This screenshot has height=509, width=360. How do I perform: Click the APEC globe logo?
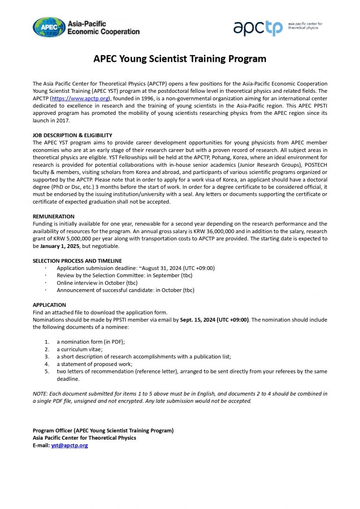49,27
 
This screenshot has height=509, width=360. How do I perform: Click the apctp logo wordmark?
258,28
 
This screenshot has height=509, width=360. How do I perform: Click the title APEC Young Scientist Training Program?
180,59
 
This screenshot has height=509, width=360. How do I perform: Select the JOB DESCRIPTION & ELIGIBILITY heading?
72,135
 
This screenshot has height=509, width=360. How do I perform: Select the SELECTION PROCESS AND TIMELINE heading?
77,261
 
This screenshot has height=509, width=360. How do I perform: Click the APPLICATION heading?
49,305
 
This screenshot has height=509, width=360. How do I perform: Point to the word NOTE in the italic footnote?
40,394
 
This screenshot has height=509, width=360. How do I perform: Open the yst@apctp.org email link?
69,445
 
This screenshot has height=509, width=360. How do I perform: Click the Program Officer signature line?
103,430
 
